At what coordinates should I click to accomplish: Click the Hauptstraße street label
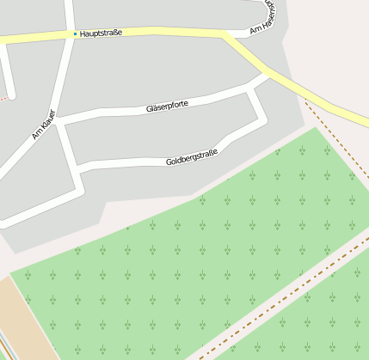pos(101,33)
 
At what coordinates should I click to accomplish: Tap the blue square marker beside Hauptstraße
pos(75,34)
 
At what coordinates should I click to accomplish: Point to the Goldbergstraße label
pos(191,157)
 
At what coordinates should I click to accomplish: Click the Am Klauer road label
pos(43,125)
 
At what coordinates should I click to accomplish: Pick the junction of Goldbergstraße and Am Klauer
pos(79,167)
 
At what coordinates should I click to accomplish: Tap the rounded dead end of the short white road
pos(11,93)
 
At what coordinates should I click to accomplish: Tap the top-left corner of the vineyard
pos(10,273)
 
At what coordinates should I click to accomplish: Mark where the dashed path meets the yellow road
pos(305,101)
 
